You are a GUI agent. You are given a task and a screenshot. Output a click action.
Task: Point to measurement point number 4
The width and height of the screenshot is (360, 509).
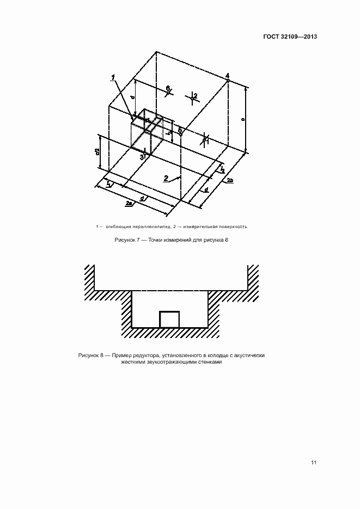[227, 75]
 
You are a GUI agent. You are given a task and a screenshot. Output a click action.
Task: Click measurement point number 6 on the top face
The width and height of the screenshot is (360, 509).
[168, 88]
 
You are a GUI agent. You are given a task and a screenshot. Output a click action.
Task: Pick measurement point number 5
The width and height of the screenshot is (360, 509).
[180, 130]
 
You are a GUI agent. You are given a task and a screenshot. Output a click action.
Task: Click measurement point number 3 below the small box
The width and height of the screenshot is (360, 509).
[142, 157]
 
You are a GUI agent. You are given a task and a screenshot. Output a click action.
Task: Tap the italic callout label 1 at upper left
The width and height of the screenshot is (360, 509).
[113, 79]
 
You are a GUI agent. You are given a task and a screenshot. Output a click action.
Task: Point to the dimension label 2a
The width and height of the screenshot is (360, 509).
[129, 203]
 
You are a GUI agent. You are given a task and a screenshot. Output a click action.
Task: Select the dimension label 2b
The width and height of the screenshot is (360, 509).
[230, 180]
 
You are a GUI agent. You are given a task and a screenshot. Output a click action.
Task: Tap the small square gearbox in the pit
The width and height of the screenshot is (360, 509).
[169, 319]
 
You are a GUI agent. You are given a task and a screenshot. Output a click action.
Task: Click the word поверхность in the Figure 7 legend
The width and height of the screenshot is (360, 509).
[234, 226]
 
